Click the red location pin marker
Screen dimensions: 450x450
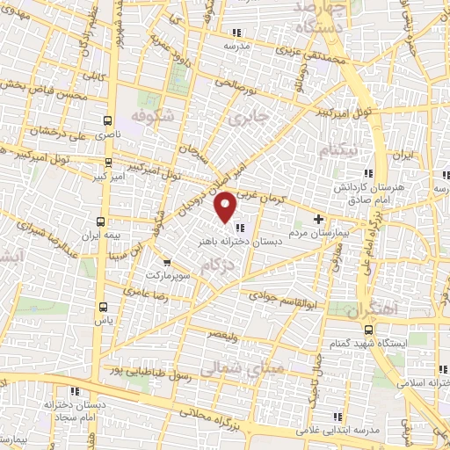click(x=226, y=207)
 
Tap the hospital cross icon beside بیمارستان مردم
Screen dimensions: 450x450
click(x=319, y=219)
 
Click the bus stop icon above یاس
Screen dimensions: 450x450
click(x=105, y=307)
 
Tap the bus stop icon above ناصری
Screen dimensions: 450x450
click(x=106, y=121)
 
